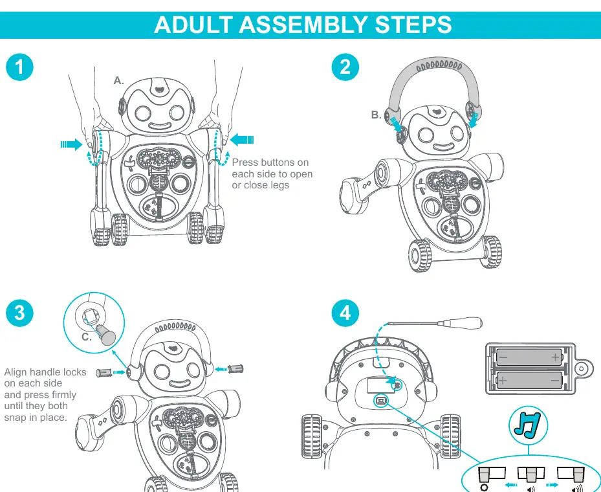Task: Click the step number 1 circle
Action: pos(19,67)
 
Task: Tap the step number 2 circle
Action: pos(345,67)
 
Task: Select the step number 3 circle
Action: pos(19,313)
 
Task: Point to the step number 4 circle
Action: pos(345,313)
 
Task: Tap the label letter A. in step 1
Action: pos(119,80)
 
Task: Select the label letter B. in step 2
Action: pos(376,115)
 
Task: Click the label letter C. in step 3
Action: pos(87,337)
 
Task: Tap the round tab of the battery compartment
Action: pos(581,368)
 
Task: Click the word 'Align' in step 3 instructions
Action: pos(17,372)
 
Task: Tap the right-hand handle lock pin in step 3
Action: pos(235,369)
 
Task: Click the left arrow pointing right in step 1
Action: pos(72,144)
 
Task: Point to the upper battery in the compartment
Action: pos(529,357)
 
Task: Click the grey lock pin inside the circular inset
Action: pos(105,335)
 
